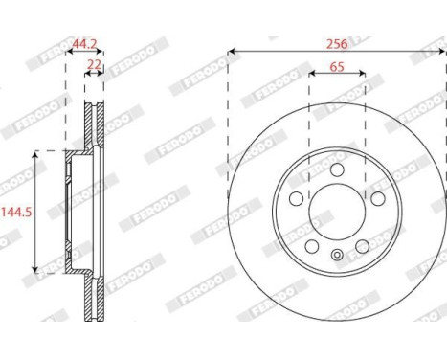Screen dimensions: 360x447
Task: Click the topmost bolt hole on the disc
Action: [x=337, y=169]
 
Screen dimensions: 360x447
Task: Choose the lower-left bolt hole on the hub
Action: [x=312, y=246]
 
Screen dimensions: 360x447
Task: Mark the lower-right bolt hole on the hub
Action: [x=362, y=246]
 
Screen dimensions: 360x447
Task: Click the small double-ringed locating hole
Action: [x=337, y=255]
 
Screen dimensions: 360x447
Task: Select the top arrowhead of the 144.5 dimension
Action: [x=35, y=153]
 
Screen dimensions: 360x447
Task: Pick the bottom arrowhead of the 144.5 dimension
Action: [x=35, y=271]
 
